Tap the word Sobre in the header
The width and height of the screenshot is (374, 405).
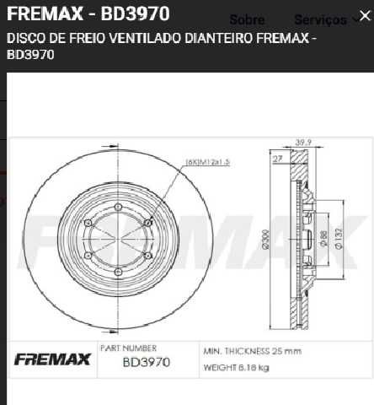[x=247, y=19]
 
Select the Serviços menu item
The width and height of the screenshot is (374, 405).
[x=319, y=19]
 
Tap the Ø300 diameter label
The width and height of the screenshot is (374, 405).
[x=265, y=242]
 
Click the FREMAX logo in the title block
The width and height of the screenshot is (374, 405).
[x=51, y=360]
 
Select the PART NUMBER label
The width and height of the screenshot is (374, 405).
[x=128, y=347]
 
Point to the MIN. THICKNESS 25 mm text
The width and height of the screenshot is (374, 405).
[x=251, y=349]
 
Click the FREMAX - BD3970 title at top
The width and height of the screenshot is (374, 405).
[x=88, y=14]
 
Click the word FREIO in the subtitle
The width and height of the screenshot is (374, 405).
[x=70, y=39]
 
